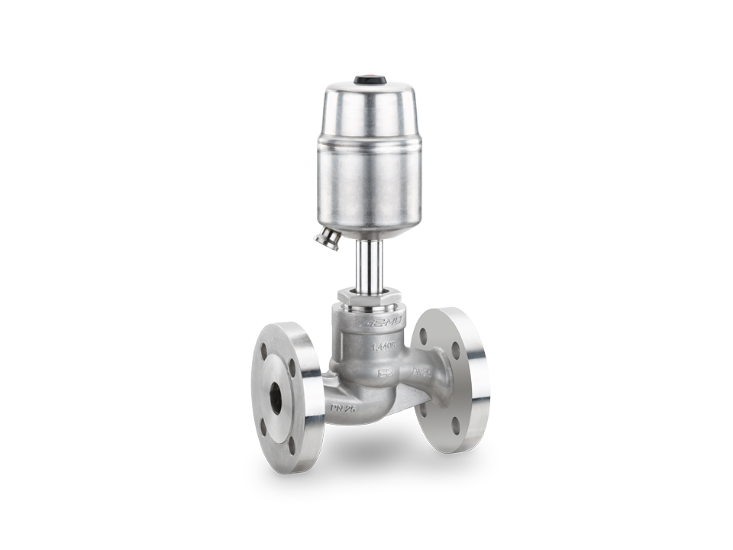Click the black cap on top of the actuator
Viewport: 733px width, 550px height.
370,79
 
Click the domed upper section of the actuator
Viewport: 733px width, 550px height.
370,103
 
